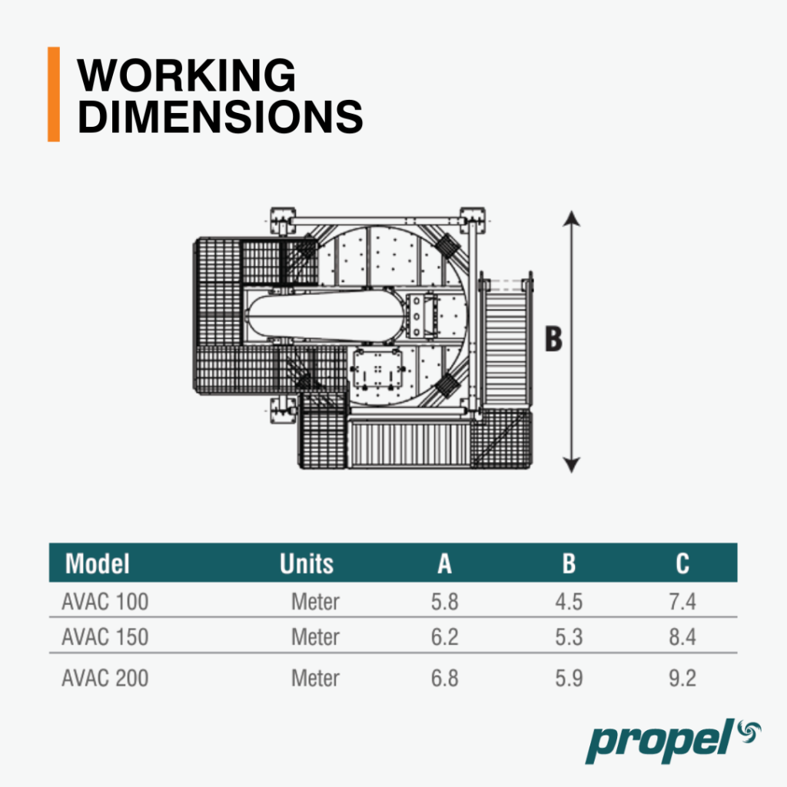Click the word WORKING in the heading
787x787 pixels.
pos(186,75)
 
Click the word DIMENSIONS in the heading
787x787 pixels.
pos(220,117)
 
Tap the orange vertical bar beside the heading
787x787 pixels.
pos(54,95)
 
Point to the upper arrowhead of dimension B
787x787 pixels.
pos(571,218)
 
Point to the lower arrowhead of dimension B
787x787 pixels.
pos(571,465)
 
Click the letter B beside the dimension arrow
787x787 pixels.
pos(553,339)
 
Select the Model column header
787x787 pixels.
pos(98,563)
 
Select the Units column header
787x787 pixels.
pos(306,563)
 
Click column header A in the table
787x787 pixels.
pos(444,563)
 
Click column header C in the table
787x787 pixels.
pos(682,563)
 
